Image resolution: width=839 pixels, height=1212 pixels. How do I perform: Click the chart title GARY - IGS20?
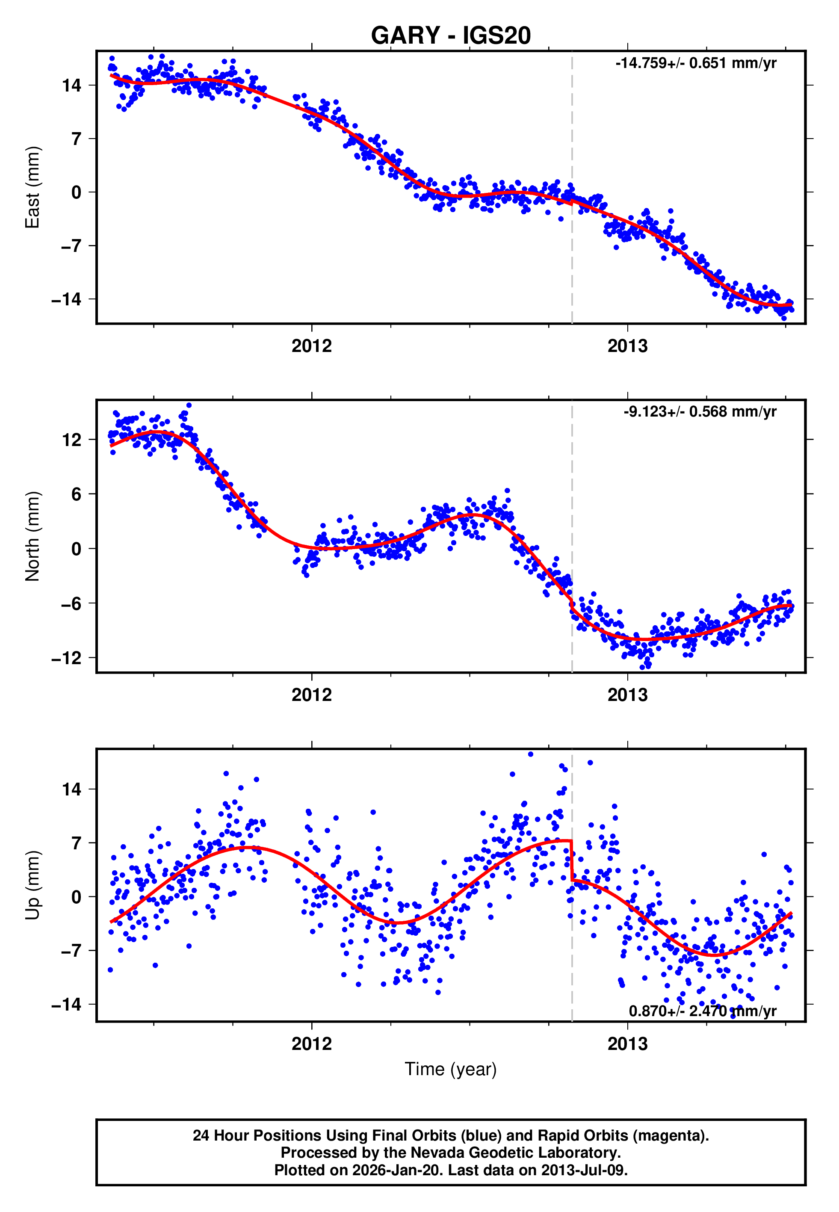tap(451, 36)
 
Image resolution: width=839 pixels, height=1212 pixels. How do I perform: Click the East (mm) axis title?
tap(32, 187)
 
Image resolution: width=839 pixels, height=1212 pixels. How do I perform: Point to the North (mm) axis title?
tap(32, 536)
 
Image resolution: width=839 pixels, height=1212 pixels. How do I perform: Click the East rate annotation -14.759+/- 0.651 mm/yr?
tap(695, 64)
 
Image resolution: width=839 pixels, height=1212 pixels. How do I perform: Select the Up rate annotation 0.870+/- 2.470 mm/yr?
tap(702, 1011)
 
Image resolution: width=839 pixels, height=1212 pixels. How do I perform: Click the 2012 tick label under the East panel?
tap(312, 346)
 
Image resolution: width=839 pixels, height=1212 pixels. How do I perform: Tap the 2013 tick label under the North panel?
tap(627, 695)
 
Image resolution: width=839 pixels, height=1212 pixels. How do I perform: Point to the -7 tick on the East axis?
tap(71, 246)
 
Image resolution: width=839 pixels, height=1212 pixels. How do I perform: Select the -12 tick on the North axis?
tap(67, 658)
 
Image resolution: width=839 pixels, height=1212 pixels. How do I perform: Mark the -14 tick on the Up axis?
tap(67, 1005)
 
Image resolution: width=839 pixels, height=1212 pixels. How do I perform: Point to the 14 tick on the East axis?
tap(71, 85)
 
